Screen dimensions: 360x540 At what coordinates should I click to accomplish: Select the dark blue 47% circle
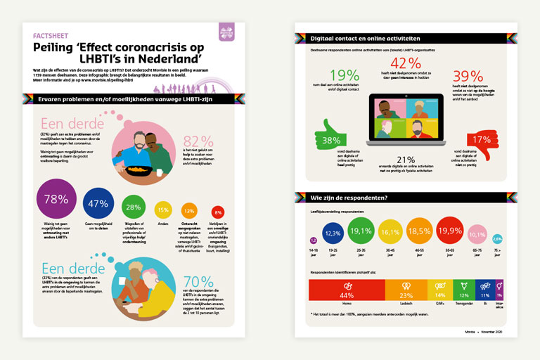[99, 205]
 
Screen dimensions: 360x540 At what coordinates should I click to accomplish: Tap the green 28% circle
[134, 207]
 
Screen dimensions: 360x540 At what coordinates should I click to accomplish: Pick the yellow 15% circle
[162, 209]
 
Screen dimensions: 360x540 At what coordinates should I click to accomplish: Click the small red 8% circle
[217, 212]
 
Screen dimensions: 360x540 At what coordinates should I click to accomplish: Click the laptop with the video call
[406, 122]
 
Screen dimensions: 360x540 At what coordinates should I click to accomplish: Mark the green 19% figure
[343, 76]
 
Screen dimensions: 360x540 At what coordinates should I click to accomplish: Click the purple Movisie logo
[226, 32]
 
